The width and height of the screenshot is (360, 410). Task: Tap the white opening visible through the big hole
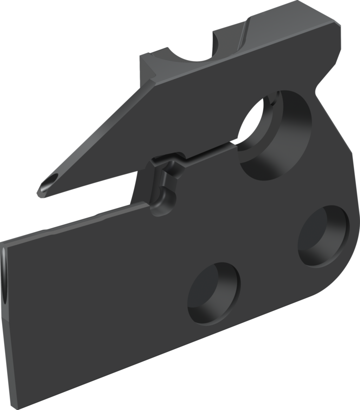point(250,121)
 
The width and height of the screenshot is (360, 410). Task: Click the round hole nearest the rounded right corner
point(323,236)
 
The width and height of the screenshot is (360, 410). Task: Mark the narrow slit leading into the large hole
point(211,150)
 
